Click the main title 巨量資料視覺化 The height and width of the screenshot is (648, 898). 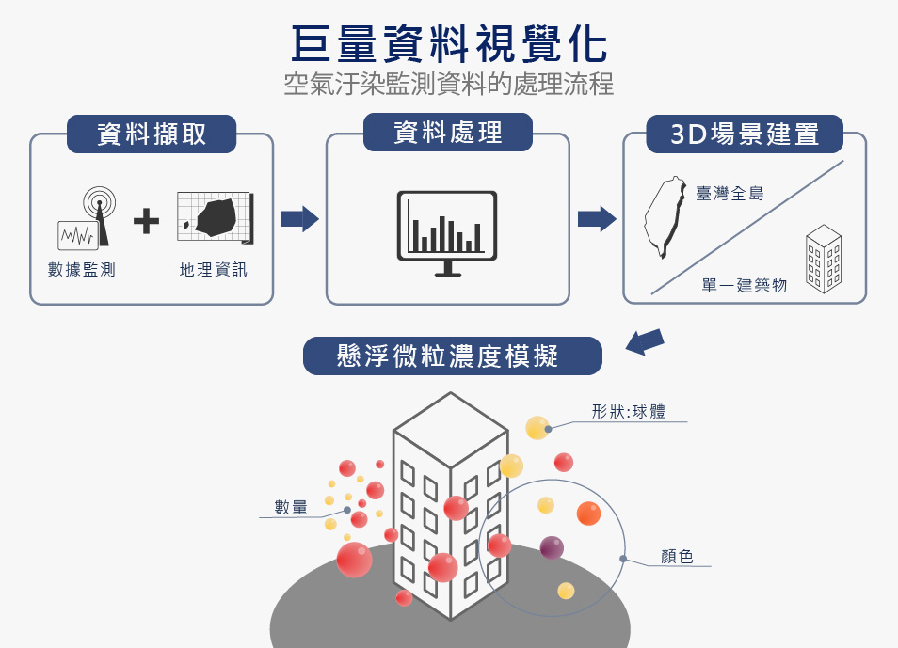(449, 43)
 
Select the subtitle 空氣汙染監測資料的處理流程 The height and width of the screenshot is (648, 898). (449, 84)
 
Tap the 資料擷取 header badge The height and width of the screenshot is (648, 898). (152, 134)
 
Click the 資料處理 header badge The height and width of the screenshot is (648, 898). (448, 133)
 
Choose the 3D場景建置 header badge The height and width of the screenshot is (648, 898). (745, 134)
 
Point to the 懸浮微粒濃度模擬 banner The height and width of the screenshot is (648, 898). (453, 356)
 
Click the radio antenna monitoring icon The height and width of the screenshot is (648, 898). (87, 218)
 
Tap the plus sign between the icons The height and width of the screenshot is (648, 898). (146, 221)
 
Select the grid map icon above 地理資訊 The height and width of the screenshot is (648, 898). (216, 217)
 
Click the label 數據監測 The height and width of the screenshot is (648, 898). (82, 270)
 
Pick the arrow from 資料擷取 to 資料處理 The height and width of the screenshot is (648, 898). (299, 219)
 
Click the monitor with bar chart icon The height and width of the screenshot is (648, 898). (447, 233)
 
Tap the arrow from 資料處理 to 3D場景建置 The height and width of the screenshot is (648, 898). (597, 219)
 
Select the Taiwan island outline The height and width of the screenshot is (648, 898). (665, 217)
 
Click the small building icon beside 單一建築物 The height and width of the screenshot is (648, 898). (824, 259)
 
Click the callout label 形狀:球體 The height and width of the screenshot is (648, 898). (628, 412)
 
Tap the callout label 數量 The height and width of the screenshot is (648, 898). (291, 507)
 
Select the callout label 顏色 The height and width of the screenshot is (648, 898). (678, 556)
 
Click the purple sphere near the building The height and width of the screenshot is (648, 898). (552, 547)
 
